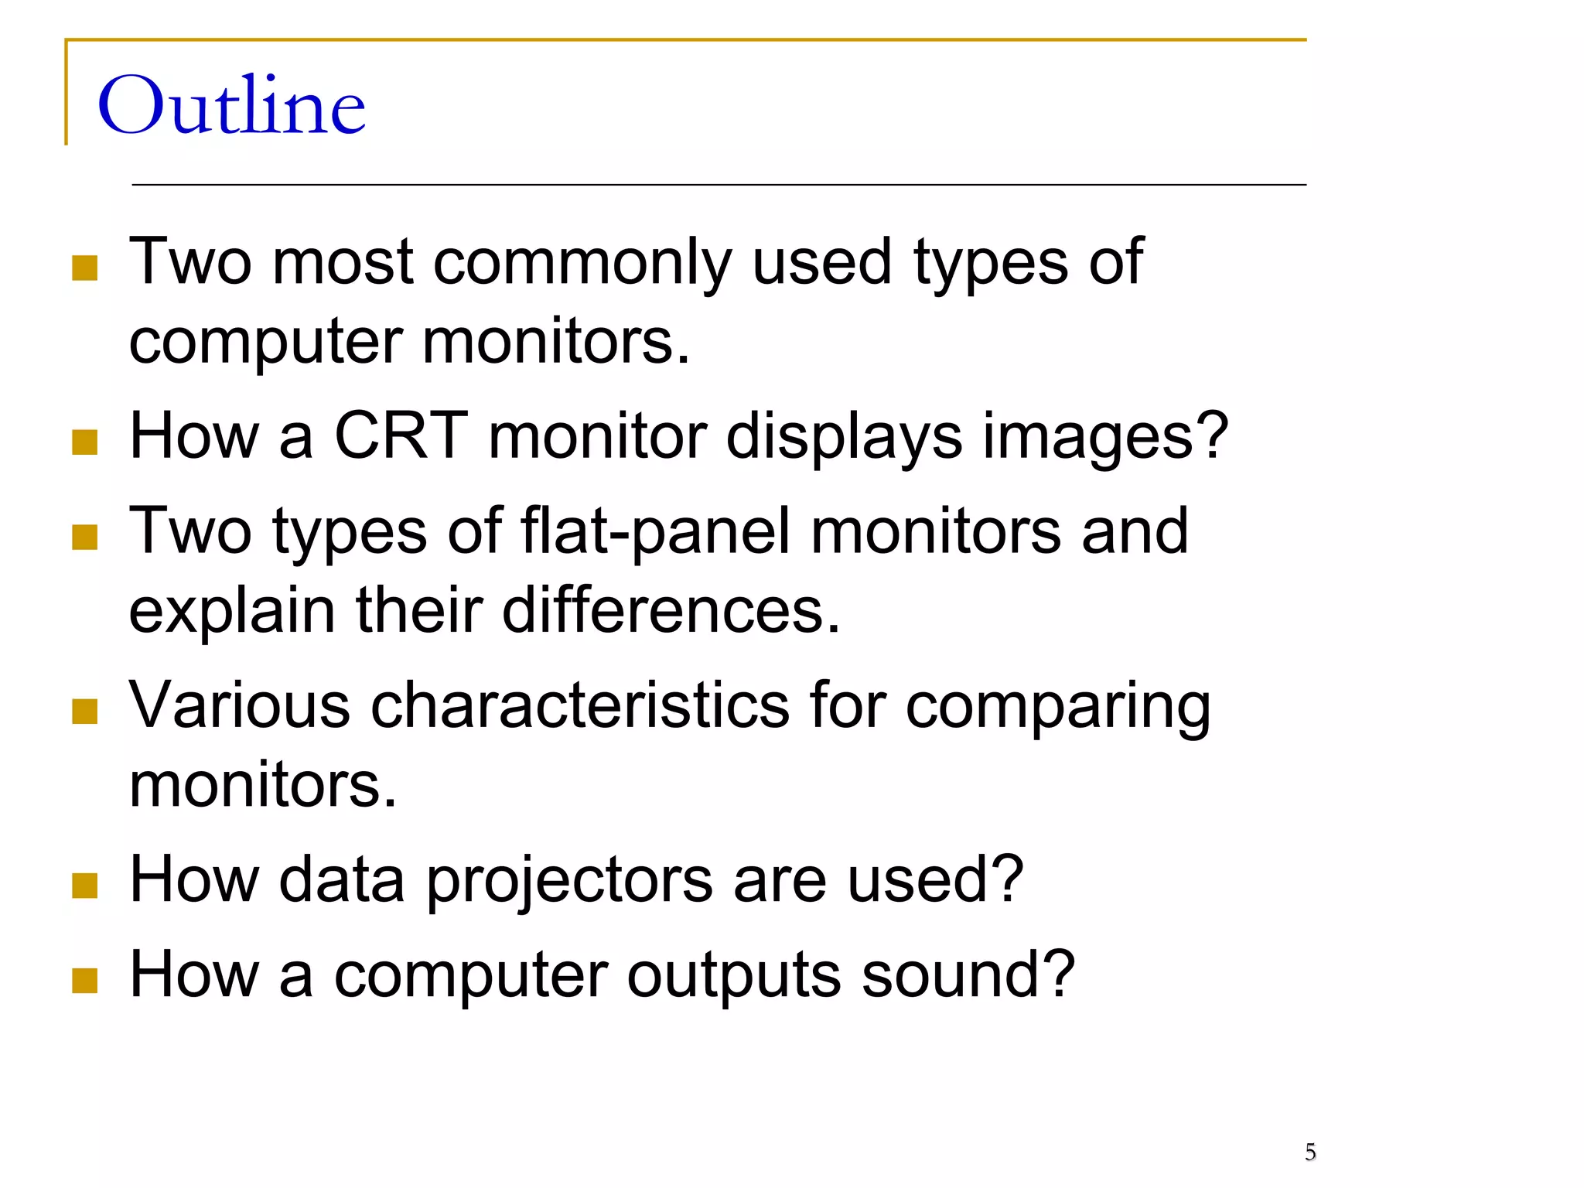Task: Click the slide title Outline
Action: (231, 106)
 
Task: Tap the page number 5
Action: (1310, 1152)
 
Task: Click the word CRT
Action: (401, 435)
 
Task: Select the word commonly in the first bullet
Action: (582, 263)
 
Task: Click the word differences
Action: (670, 610)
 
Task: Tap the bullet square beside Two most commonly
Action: (84, 268)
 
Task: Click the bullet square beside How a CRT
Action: (84, 442)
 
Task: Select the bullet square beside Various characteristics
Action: (84, 712)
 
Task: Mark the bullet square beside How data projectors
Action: (84, 886)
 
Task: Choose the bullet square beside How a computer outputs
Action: (84, 980)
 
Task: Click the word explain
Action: (231, 612)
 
